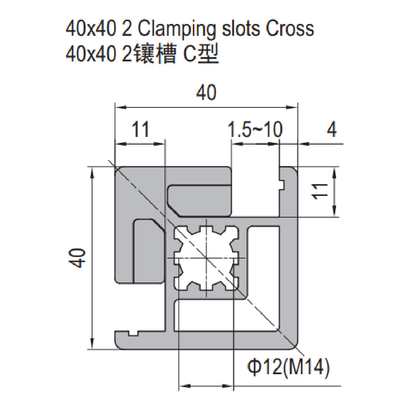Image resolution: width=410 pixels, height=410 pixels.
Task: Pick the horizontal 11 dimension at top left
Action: (x=140, y=129)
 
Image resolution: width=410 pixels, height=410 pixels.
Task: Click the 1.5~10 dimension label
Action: (x=255, y=129)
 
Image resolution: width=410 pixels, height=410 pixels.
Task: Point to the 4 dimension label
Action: (x=332, y=129)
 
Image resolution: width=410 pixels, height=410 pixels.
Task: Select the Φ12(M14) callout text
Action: (x=288, y=368)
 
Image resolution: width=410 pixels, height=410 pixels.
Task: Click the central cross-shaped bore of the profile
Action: (x=206, y=258)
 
